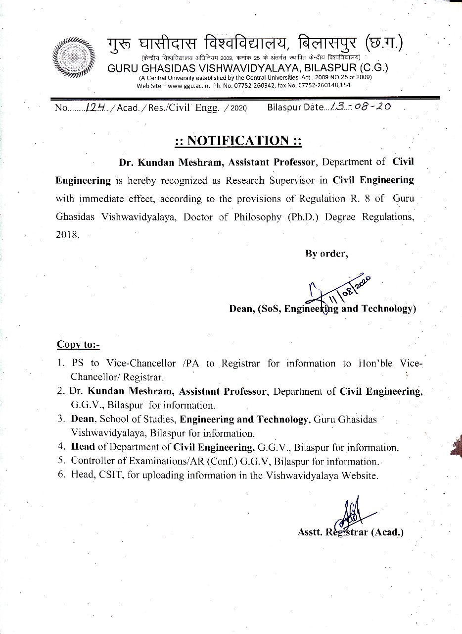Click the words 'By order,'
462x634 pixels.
click(x=326, y=254)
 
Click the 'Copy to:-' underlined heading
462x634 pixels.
click(x=78, y=344)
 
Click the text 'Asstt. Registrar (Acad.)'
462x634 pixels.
click(x=351, y=532)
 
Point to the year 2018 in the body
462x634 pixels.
click(x=67, y=235)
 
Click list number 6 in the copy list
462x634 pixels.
click(x=61, y=475)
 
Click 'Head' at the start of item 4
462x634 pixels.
click(x=83, y=446)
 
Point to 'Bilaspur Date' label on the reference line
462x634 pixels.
click(x=295, y=107)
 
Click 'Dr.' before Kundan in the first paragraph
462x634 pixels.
click(x=125, y=161)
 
